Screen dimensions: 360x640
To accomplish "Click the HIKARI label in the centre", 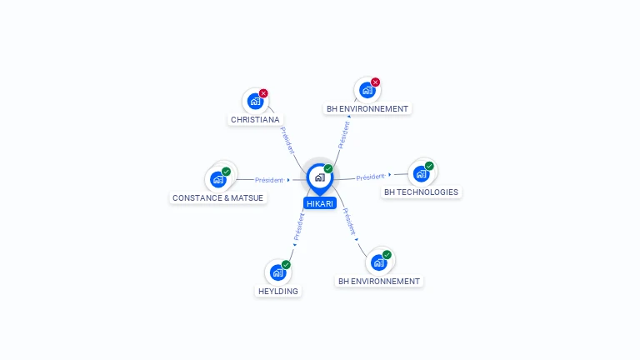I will (x=320, y=202).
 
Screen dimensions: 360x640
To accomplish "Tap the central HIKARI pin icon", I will (x=319, y=177).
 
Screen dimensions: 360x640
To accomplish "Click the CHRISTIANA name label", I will (x=255, y=119).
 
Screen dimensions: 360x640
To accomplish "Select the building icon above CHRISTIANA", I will (x=255, y=101).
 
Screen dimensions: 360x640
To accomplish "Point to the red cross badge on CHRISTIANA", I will (x=263, y=93).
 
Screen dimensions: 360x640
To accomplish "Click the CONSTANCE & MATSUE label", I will (x=217, y=197).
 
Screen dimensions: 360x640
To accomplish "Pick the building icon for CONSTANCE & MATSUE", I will (x=218, y=179).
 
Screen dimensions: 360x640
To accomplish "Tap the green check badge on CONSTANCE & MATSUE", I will (x=226, y=172).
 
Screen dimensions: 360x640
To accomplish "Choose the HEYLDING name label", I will (x=278, y=291).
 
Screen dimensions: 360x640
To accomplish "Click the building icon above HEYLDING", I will (x=277, y=272).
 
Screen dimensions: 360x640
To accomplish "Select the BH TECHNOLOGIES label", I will (x=421, y=192).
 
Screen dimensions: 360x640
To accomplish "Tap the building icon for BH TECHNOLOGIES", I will (x=421, y=173).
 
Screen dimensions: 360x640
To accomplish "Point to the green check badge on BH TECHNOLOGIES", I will (x=429, y=166).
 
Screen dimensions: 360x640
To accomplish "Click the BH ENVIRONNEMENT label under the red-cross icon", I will (x=367, y=108).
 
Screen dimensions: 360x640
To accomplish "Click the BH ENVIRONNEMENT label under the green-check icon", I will (x=379, y=281).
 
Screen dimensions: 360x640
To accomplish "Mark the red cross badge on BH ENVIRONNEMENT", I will (x=375, y=82).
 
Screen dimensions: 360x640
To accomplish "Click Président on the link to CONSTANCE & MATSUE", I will (x=269, y=180).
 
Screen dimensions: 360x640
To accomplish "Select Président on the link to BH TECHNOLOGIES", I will (x=370, y=177).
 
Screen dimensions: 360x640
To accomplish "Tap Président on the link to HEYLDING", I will (x=299, y=226).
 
